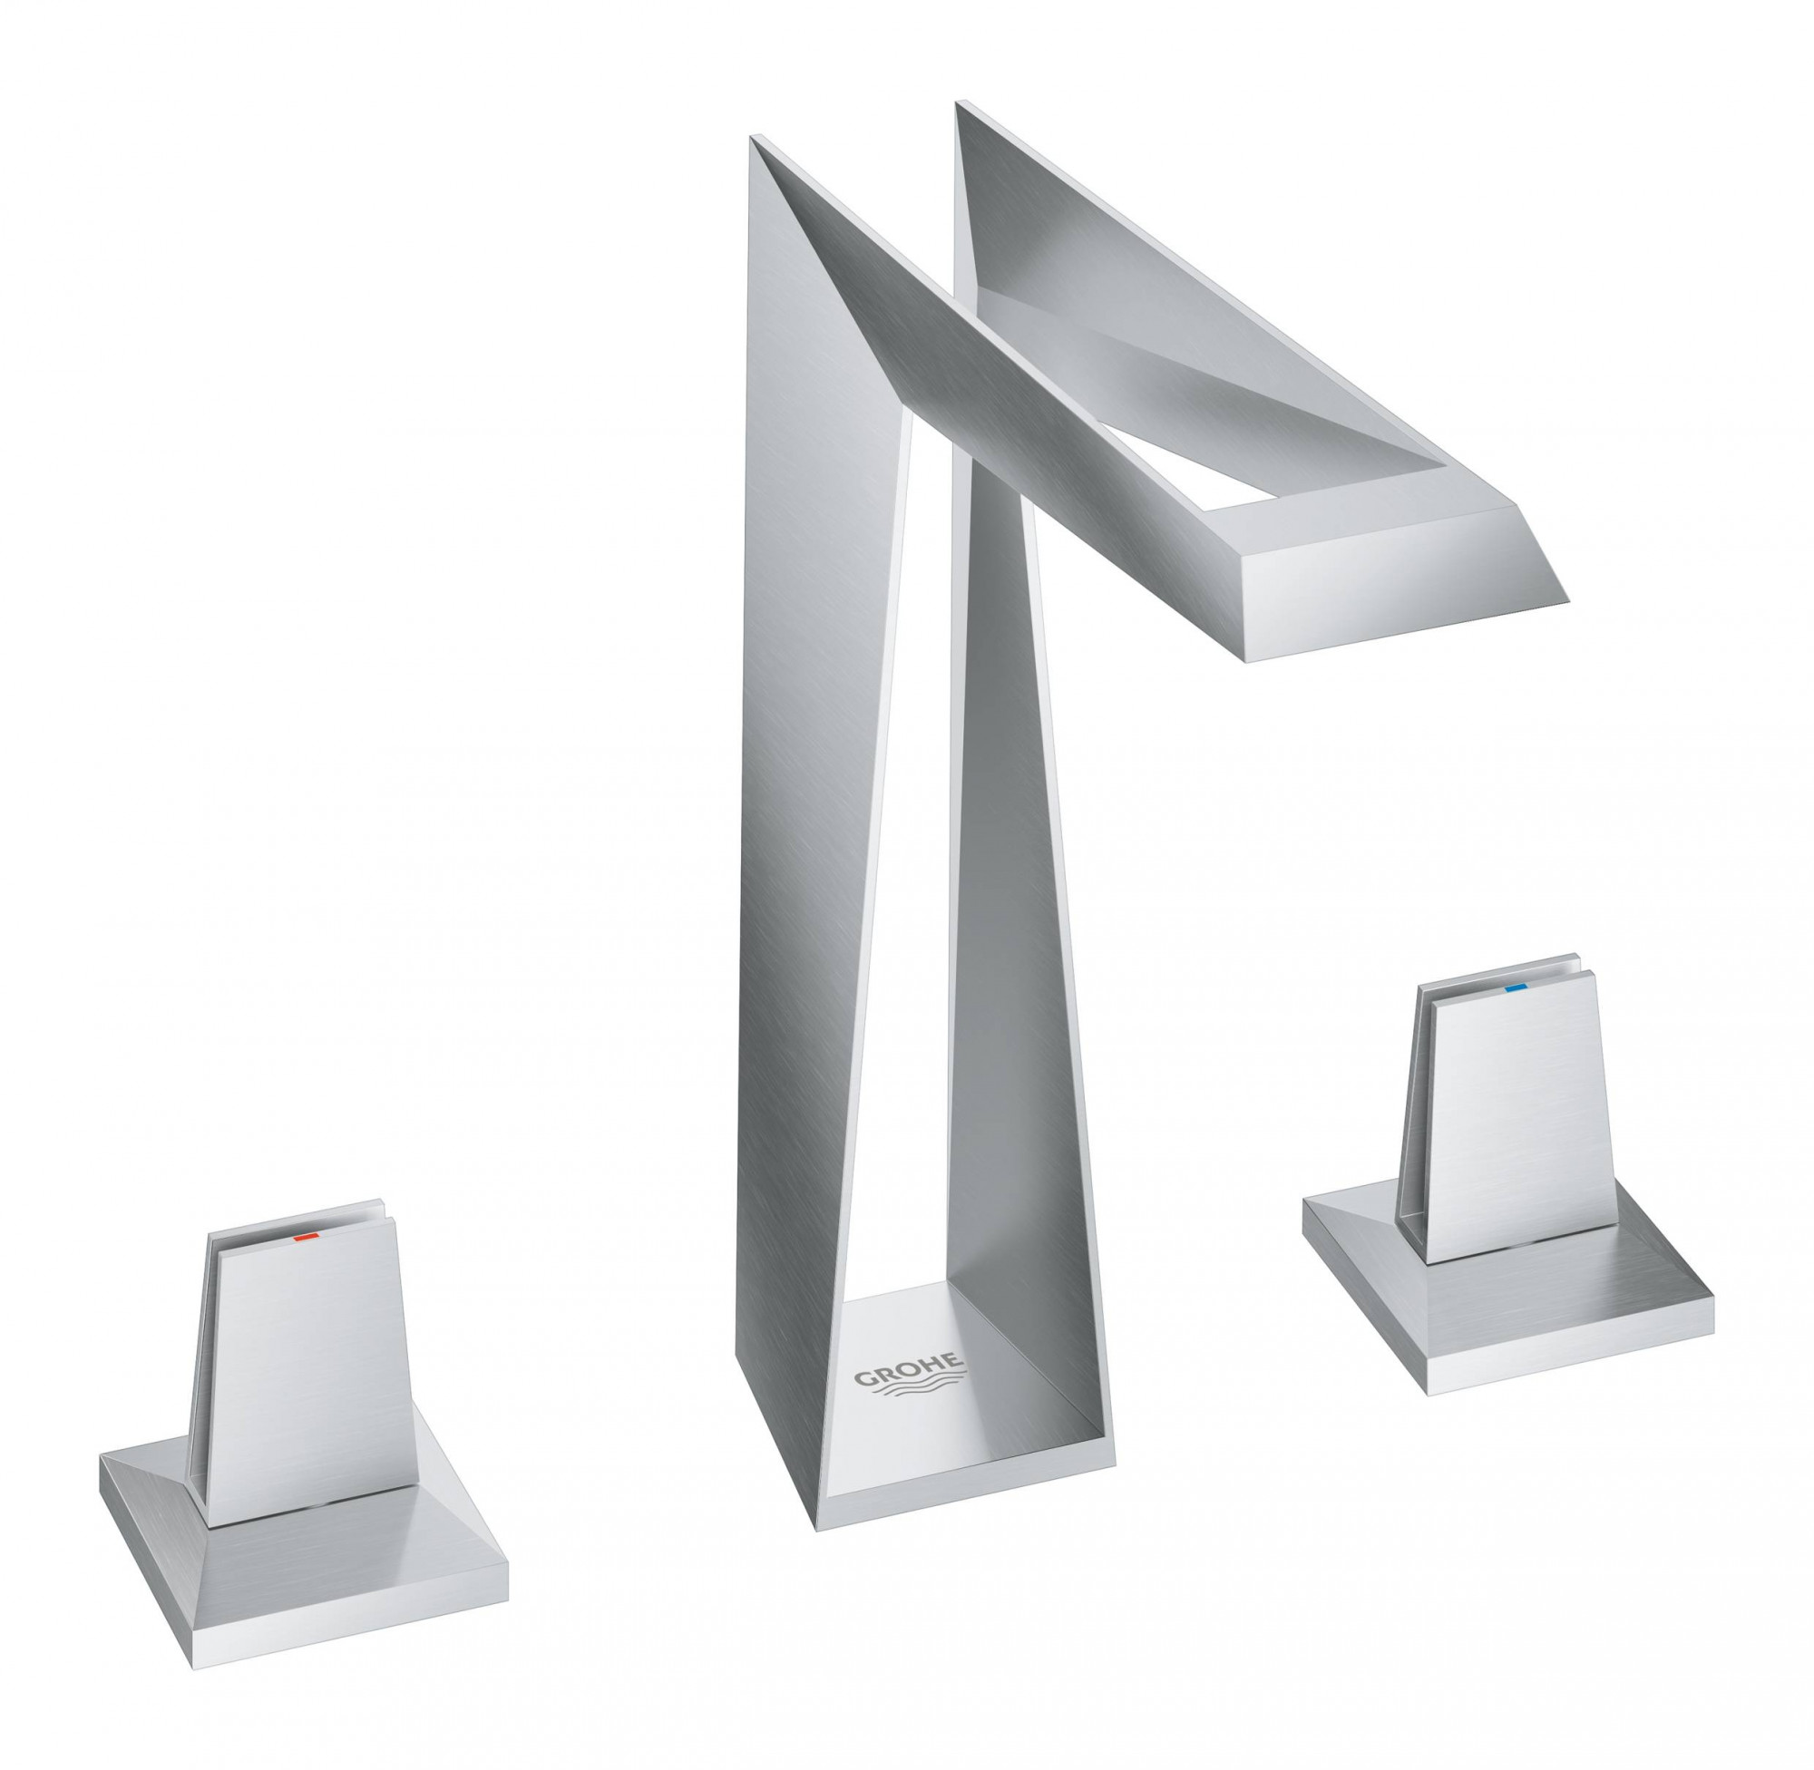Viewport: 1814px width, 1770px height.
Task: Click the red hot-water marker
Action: (304, 1239)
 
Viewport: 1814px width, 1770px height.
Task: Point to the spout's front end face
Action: (1395, 595)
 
